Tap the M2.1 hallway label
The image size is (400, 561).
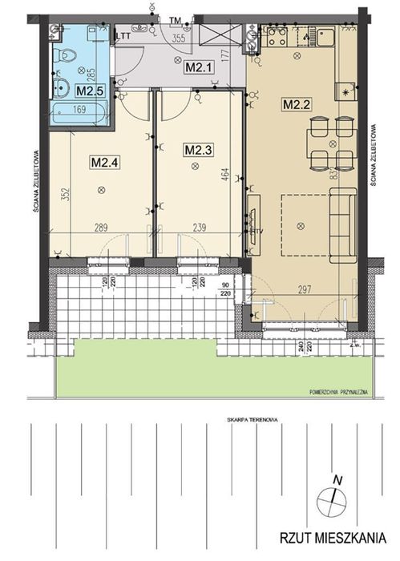[x=196, y=67]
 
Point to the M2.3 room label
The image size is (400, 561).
[x=196, y=148]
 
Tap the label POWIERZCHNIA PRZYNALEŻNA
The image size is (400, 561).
[x=337, y=392]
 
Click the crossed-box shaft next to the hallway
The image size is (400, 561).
[x=218, y=38]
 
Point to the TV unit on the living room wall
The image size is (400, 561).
[x=253, y=216]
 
